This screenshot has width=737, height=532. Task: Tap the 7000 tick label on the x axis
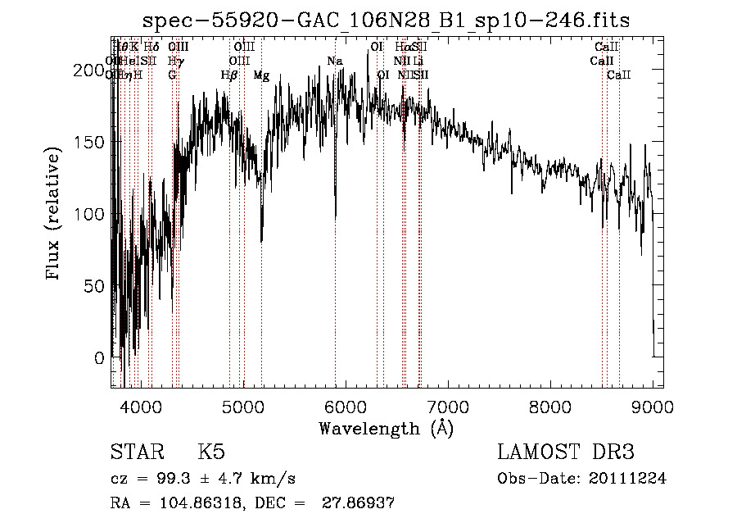pyautogui.click(x=448, y=406)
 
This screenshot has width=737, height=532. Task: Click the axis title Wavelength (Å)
pyautogui.click(x=386, y=428)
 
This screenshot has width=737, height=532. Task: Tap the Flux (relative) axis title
pyautogui.click(x=55, y=215)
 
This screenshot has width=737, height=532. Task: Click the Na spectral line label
pyautogui.click(x=335, y=61)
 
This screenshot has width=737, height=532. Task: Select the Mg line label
pyautogui.click(x=261, y=75)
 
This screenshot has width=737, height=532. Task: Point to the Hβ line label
pyautogui.click(x=229, y=75)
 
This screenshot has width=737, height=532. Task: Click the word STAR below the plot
pyautogui.click(x=137, y=453)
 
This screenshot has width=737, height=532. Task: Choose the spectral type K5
pyautogui.click(x=211, y=453)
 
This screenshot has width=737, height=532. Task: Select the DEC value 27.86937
pyautogui.click(x=361, y=503)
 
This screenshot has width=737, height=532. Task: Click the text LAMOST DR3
pyautogui.click(x=566, y=453)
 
